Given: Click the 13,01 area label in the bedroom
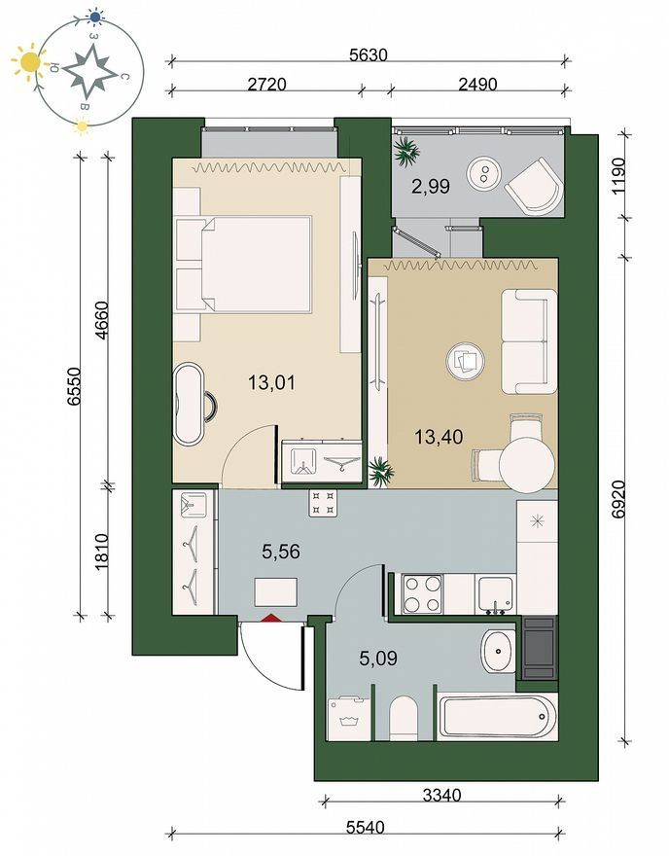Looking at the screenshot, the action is [x=271, y=382].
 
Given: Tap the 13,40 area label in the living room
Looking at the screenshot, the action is [x=439, y=437].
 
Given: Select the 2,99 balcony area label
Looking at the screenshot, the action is [x=431, y=187].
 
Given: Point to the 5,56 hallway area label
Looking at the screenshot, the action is [x=281, y=552].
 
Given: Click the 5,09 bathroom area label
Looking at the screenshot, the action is [x=378, y=659].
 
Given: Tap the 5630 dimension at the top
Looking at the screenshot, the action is [x=369, y=55].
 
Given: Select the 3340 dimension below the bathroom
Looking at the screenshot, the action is [x=442, y=795].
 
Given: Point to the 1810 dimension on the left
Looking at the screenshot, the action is [x=102, y=553].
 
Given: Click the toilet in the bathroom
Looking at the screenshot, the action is [x=404, y=718].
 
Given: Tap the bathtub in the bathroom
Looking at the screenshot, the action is [x=498, y=717].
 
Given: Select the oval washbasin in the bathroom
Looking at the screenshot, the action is [x=498, y=652].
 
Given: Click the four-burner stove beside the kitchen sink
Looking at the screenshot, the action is [x=422, y=594].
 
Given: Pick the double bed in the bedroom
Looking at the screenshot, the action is [x=243, y=265].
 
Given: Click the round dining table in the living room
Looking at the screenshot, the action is [x=527, y=465].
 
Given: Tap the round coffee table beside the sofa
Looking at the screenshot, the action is [x=466, y=361].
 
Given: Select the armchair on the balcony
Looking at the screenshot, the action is [x=535, y=186].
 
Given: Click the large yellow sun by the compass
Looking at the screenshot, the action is [x=29, y=61].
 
